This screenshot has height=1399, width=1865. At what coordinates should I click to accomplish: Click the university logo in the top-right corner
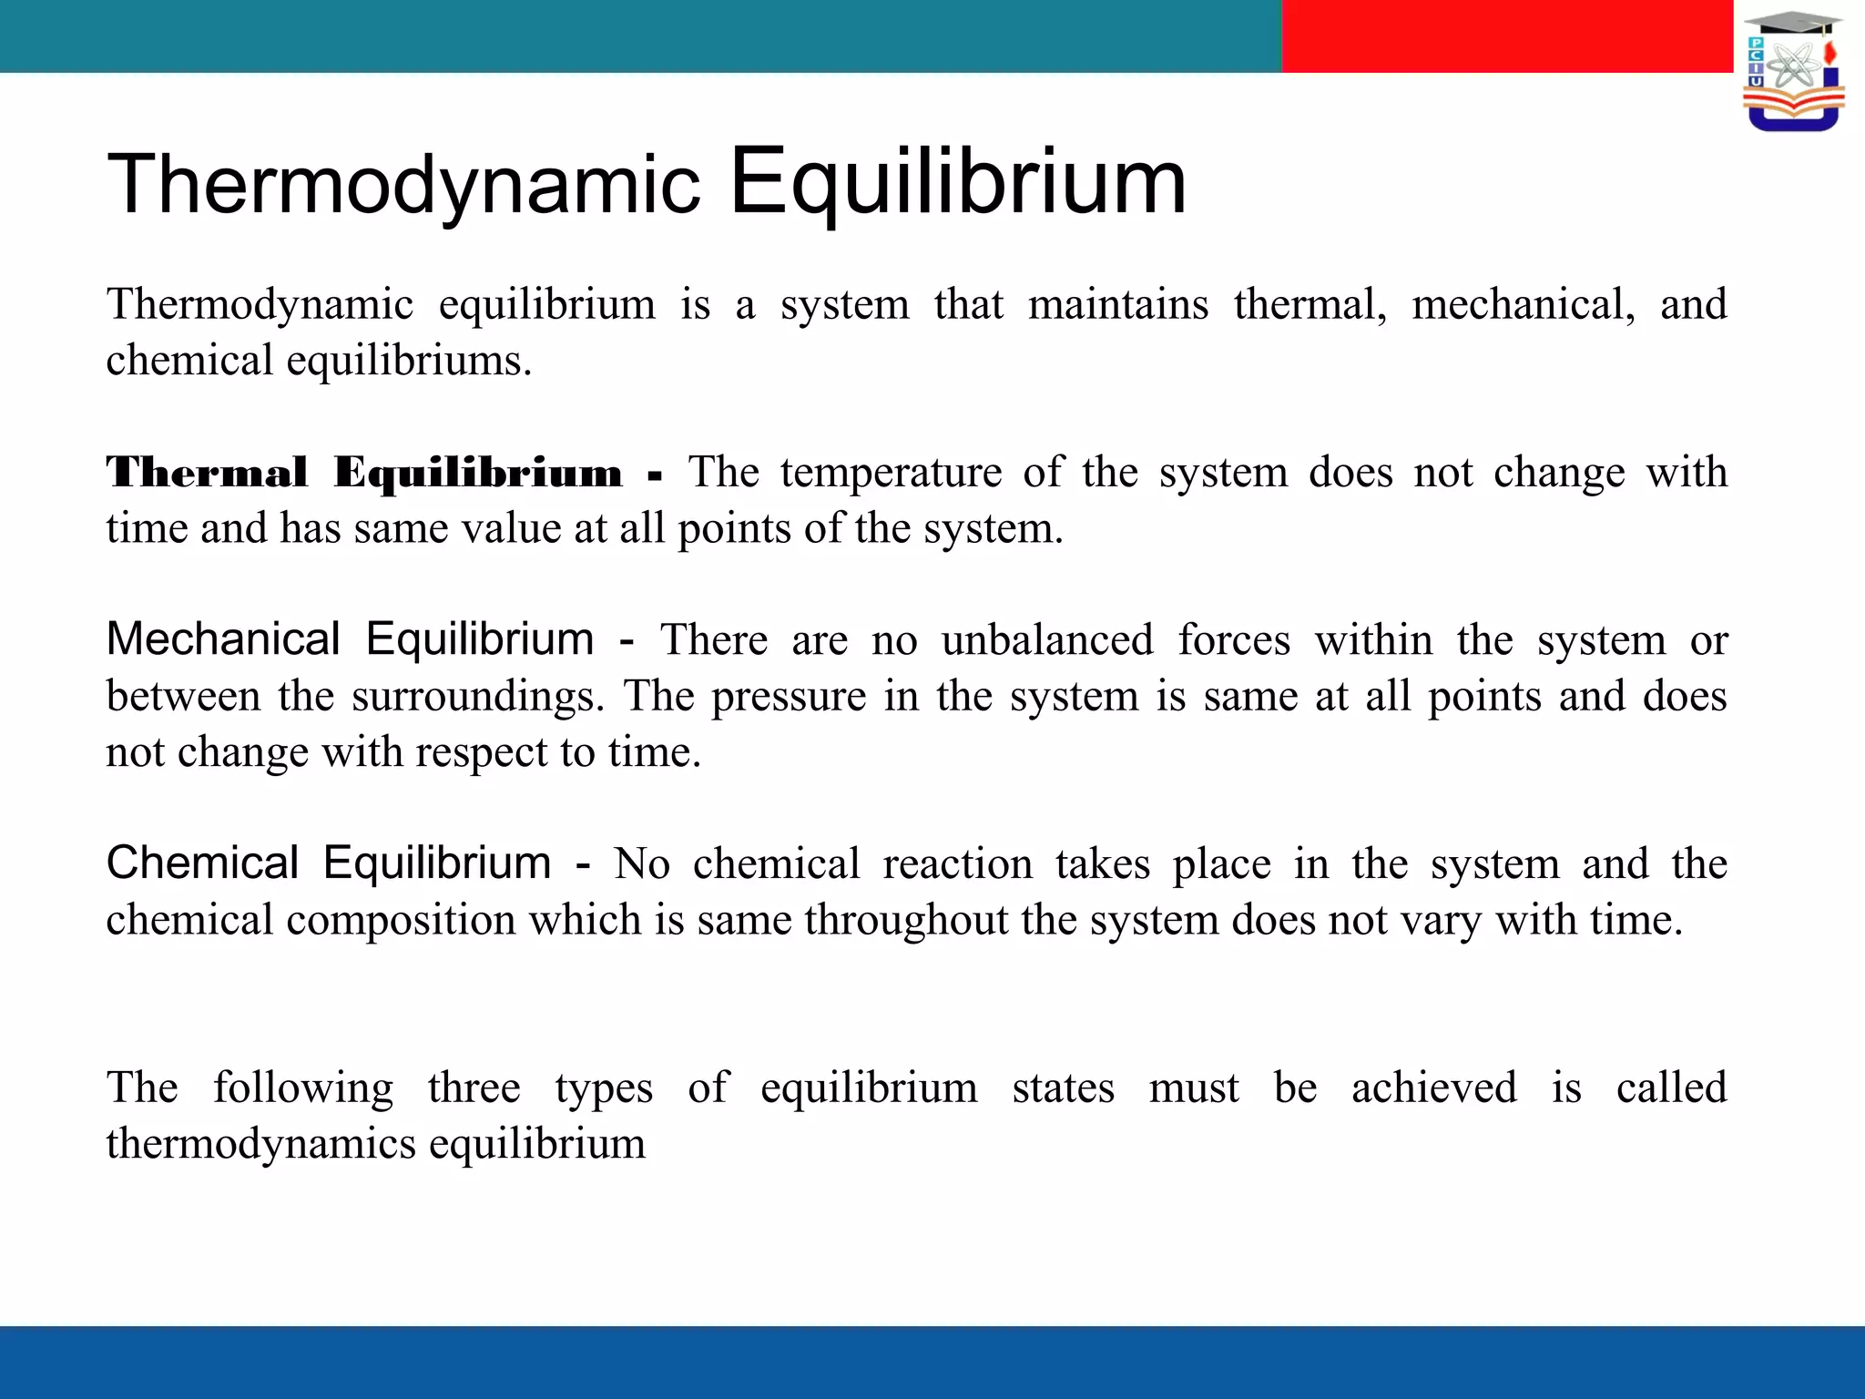(1793, 71)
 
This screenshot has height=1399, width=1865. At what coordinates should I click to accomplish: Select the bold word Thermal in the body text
(207, 473)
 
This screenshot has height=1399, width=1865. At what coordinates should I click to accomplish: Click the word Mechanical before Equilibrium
(223, 639)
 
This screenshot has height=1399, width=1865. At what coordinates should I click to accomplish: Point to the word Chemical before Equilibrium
(202, 863)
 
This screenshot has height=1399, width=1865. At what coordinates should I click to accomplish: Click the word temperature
(891, 473)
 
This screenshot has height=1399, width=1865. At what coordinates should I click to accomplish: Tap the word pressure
(789, 697)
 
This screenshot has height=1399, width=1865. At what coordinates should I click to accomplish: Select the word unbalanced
(1047, 640)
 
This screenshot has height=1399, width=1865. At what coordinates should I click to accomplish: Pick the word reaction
(957, 863)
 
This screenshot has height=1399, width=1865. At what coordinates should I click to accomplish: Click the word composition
(401, 921)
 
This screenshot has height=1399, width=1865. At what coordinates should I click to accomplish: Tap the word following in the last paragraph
(303, 1088)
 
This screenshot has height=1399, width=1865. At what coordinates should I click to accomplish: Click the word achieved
(1433, 1088)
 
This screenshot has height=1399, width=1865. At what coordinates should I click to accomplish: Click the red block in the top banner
(1507, 36)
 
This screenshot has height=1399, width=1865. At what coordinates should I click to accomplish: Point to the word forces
(1234, 640)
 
